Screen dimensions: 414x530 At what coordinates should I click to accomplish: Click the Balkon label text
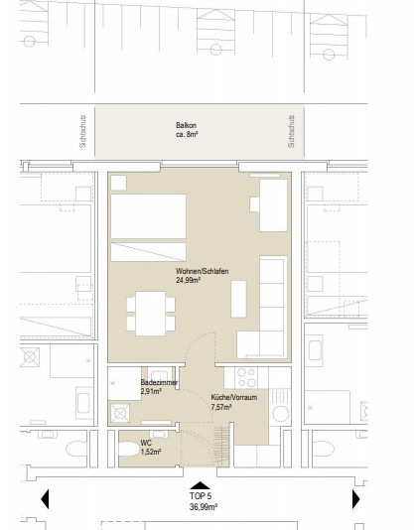186,125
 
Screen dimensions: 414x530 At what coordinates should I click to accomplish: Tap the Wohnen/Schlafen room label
202,271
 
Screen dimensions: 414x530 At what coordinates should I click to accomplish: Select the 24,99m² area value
189,280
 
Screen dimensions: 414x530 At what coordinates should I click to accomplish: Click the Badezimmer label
159,383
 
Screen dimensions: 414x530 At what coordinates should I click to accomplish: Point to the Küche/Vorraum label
234,397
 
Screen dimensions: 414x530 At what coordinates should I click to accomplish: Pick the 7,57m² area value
221,407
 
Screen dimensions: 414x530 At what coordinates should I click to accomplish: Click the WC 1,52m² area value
151,452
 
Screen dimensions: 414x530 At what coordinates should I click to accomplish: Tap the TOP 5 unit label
201,496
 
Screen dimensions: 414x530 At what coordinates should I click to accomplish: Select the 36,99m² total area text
204,507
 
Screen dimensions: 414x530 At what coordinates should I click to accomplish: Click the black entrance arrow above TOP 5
200,485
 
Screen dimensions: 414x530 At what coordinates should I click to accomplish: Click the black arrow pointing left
46,498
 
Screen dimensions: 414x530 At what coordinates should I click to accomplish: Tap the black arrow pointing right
355,498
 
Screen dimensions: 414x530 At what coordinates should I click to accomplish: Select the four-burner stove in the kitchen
246,378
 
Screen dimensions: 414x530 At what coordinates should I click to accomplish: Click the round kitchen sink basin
281,414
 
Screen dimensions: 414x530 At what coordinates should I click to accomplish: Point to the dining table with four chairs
151,314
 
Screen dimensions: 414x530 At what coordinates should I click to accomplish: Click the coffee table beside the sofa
238,299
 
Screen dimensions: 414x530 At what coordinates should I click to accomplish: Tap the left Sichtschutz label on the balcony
82,132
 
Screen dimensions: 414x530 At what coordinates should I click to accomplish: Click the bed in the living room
149,227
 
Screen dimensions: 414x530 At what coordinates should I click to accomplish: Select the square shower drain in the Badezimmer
120,413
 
